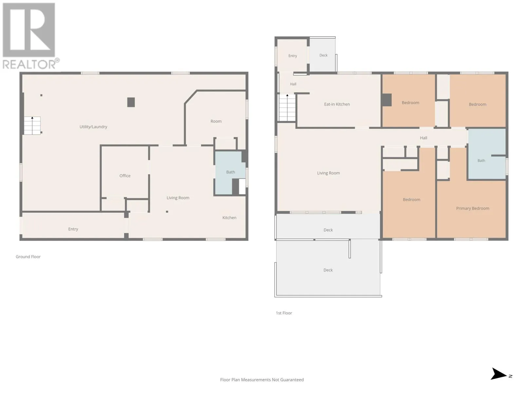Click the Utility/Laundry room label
93,127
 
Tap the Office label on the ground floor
125,176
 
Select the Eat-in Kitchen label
337,104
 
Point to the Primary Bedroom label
473,208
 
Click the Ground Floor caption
28,256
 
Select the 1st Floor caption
284,313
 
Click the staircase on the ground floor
32,125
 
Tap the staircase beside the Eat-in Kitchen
287,108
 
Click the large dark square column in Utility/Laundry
131,102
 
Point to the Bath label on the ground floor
230,172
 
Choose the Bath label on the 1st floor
481,160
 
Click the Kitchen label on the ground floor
229,217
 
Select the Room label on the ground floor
216,121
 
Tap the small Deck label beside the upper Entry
323,55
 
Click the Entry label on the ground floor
73,229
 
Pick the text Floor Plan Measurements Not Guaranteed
262,380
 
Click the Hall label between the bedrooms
423,138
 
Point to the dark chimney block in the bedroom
387,100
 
